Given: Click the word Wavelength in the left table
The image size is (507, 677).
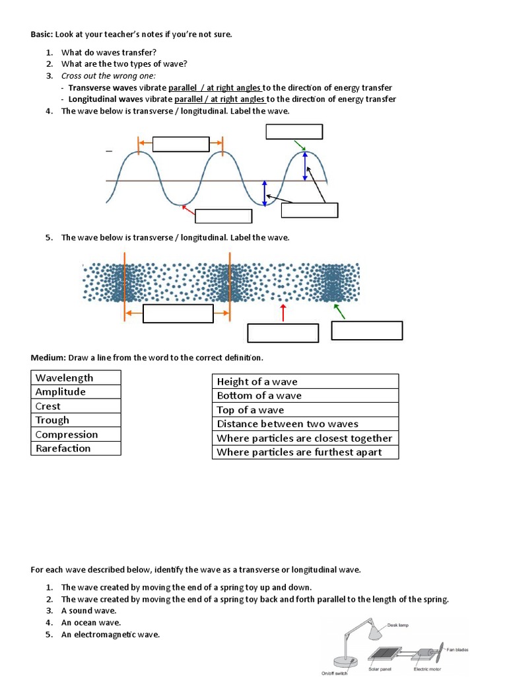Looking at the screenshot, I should point(64,378).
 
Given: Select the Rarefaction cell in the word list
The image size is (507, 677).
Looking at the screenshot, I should point(63,448).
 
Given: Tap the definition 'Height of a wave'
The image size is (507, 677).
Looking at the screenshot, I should point(257,381).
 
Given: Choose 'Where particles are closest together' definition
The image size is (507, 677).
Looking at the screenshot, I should point(304,438).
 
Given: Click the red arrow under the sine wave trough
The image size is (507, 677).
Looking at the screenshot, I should point(188,211).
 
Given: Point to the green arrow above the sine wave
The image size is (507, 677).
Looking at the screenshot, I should point(299,145).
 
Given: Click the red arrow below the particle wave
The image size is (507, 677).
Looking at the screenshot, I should point(283,313).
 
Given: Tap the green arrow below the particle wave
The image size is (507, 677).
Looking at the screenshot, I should point(339,311).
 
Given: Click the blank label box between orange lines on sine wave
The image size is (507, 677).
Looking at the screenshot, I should point(180,143).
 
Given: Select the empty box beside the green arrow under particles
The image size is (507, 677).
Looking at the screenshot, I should point(366,331).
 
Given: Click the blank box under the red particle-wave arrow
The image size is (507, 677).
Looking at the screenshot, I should point(283,333).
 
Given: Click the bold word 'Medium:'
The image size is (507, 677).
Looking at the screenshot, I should point(48,358).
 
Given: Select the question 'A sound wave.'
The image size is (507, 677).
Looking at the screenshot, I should point(88,611).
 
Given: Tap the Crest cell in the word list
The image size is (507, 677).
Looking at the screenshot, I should point(48,406).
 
